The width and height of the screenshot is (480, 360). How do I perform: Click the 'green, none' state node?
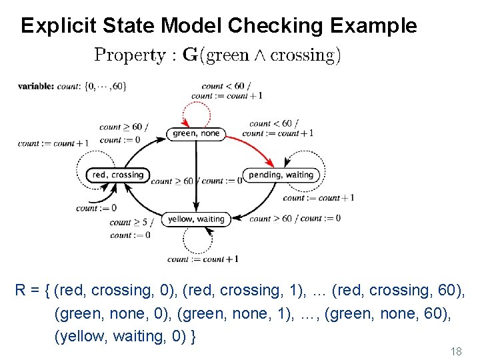195,133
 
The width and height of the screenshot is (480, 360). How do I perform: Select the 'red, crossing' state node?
117,175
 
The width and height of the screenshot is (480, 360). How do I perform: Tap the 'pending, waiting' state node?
281,175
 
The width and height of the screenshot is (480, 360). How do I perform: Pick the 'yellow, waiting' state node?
195,219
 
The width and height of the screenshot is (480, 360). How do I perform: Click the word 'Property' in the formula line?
130,55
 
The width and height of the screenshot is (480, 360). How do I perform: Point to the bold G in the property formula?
190,55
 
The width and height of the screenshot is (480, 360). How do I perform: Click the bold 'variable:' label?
36,86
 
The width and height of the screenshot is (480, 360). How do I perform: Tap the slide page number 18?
456,351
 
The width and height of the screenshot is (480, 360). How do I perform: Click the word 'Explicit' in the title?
58,25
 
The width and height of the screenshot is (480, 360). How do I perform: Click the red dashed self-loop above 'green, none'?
195,110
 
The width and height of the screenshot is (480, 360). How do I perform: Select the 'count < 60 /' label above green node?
223,86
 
